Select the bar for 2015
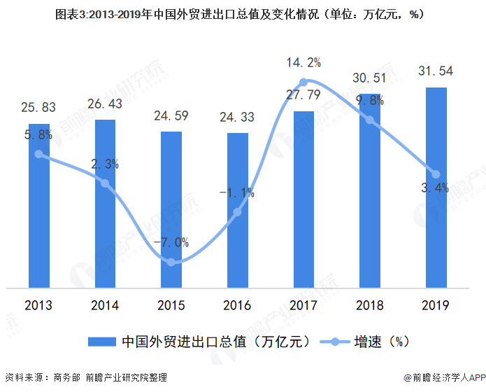point(171,209)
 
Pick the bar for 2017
point(303,199)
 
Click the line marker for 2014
point(105,183)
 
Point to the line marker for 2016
point(238,211)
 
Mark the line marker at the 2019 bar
point(436,174)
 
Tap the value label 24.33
point(237,118)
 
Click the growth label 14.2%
point(303,63)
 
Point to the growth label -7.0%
point(171,243)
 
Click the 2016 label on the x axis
point(237,306)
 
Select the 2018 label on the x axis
point(370,306)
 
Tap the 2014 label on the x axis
point(105,306)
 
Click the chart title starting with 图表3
point(243,13)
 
